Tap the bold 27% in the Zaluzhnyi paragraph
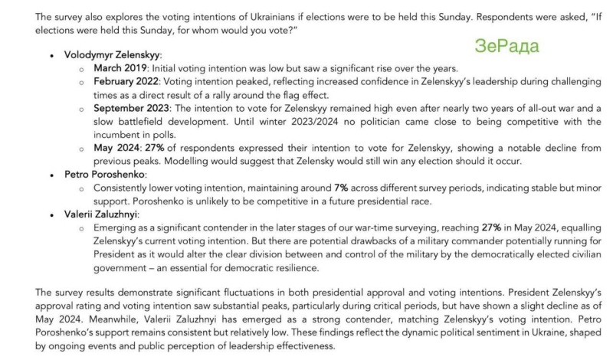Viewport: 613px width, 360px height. pos(491,228)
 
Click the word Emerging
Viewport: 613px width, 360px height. pos(117,228)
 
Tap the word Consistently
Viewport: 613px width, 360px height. pos(126,188)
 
